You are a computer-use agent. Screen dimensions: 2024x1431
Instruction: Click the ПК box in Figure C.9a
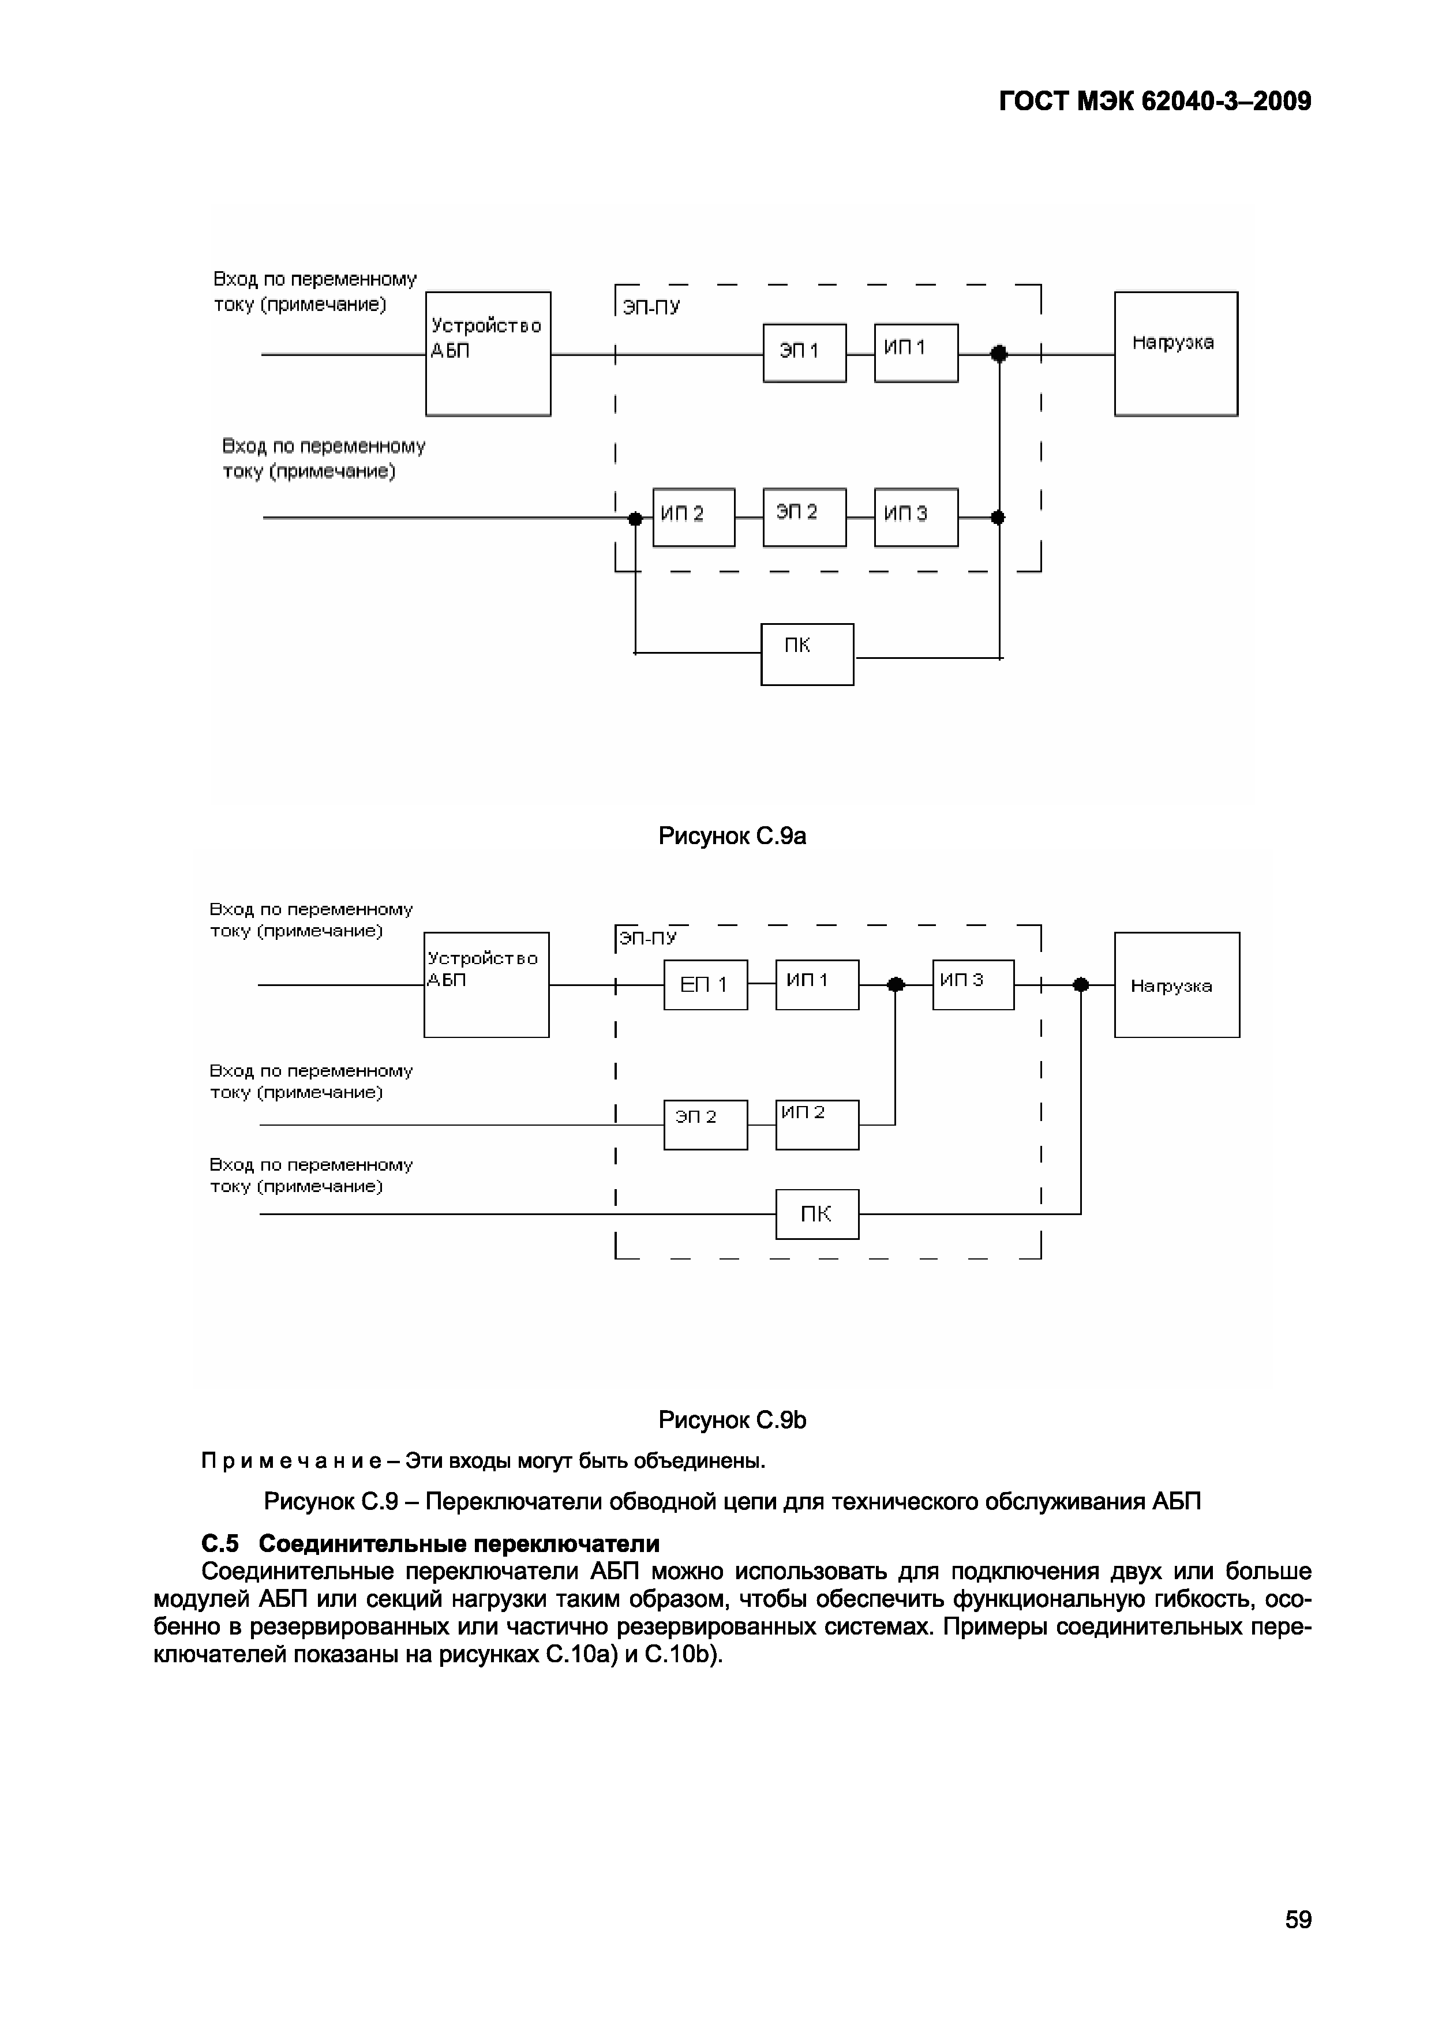click(807, 654)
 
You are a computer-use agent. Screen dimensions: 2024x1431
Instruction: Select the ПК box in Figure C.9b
click(816, 1214)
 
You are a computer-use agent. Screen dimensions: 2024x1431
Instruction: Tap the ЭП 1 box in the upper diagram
click(804, 353)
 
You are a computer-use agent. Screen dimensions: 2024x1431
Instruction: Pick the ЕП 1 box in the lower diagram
click(705, 985)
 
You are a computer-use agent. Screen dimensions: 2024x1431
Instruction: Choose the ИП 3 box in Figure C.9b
click(972, 985)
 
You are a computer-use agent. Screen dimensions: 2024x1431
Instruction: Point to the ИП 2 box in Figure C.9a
click(693, 518)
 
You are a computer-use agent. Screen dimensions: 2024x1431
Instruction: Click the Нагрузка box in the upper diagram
click(1175, 354)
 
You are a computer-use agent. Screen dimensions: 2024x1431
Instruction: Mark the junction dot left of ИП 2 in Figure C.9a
click(635, 518)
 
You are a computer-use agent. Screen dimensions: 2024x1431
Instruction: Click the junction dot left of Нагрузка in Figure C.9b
click(1081, 985)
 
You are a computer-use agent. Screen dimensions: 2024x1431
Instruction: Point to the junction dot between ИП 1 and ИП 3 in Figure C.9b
click(896, 985)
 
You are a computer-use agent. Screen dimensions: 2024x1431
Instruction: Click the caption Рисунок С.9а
click(732, 835)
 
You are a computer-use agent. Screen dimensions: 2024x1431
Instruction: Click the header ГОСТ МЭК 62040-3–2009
click(1155, 102)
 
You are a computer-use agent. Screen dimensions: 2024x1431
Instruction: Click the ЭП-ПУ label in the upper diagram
click(651, 308)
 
